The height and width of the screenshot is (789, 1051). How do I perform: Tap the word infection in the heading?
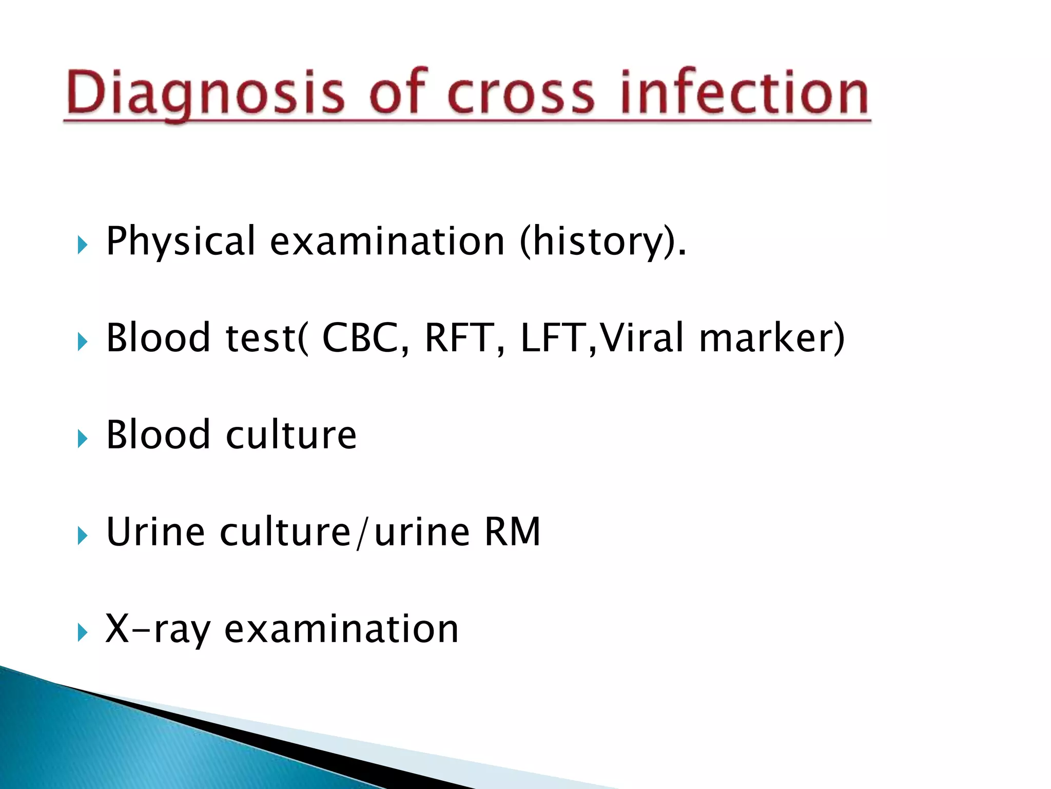(744, 92)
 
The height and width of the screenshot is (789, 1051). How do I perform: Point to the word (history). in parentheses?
(602, 241)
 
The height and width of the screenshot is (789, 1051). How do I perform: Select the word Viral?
(641, 337)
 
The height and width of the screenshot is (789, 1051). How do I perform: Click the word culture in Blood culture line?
(291, 435)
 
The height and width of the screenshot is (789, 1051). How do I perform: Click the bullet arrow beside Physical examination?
(83, 245)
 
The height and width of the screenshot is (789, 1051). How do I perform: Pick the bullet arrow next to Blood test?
(83, 342)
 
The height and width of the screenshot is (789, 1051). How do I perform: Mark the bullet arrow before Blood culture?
(83, 439)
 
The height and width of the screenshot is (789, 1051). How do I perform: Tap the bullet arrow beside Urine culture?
(83, 536)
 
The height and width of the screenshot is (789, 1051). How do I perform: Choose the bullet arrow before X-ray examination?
(83, 632)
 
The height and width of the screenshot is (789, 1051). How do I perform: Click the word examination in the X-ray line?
(341, 629)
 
